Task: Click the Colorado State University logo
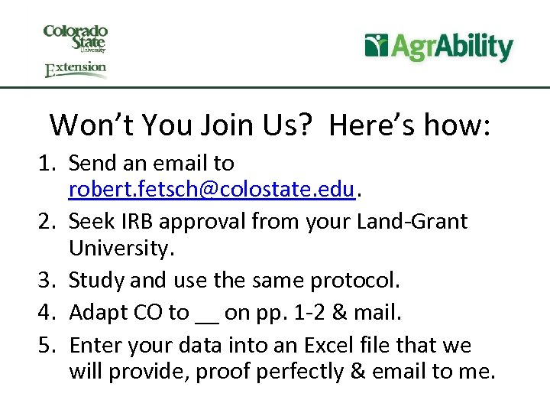pyautogui.click(x=76, y=37)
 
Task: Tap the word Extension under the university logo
pyautogui.click(x=76, y=70)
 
